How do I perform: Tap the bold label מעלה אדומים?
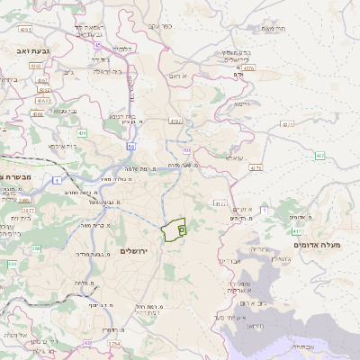pyautogui.click(x=316, y=244)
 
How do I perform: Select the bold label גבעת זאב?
pyautogui.click(x=17, y=52)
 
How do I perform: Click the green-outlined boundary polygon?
pyautogui.click(x=174, y=229)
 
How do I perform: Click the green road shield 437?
pyautogui.click(x=320, y=156)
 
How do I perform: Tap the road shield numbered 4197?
pyautogui.click(x=175, y=120)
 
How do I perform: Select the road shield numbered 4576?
pyautogui.click(x=248, y=67)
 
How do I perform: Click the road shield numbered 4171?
pyautogui.click(x=256, y=168)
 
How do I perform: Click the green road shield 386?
pyautogui.click(x=13, y=264)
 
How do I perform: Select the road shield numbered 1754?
pyautogui.click(x=114, y=344)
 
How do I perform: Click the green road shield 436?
pyautogui.click(x=82, y=133)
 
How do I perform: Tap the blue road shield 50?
pyautogui.click(x=131, y=146)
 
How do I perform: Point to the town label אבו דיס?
pyautogui.click(x=227, y=260)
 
